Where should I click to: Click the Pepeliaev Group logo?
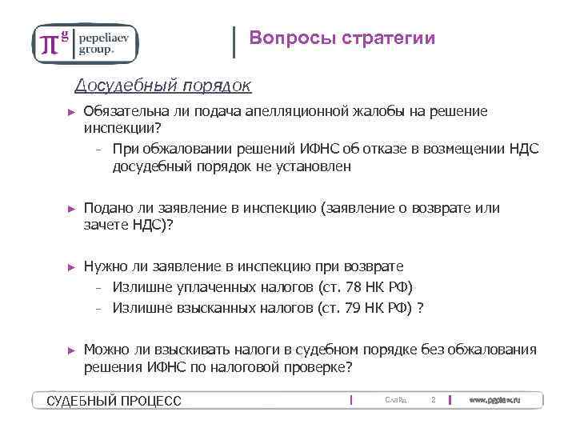coord(85,42)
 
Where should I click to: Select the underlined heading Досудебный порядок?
coord(163,85)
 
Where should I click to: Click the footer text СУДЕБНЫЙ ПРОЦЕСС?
coord(114,400)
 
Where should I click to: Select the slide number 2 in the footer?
coord(433,399)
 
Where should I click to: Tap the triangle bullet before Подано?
coord(70,210)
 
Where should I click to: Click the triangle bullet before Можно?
coord(70,350)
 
